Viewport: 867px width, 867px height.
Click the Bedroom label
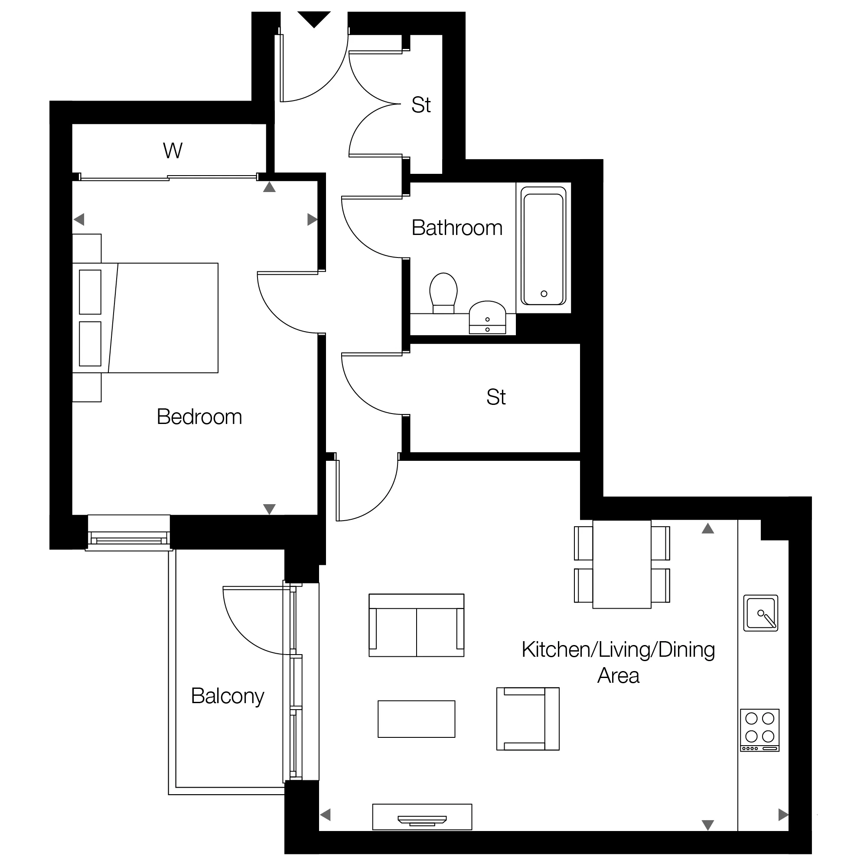tap(199, 417)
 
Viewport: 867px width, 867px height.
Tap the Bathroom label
tap(457, 228)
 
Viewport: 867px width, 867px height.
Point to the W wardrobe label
tap(173, 151)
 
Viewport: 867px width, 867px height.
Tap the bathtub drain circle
tap(544, 294)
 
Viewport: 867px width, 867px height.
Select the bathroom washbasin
tap(487, 317)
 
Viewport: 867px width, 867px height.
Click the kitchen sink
tap(761, 613)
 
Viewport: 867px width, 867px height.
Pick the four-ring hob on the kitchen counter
tap(760, 730)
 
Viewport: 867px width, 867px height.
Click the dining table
tap(622, 564)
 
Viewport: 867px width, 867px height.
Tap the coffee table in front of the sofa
tap(417, 719)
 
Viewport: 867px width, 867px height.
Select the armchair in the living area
tap(528, 719)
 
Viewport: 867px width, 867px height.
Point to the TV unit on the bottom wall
tap(422, 817)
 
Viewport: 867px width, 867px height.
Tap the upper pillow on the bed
tap(90, 292)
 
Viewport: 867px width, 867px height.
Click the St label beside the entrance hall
tap(421, 105)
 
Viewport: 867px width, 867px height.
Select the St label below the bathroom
tap(496, 397)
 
